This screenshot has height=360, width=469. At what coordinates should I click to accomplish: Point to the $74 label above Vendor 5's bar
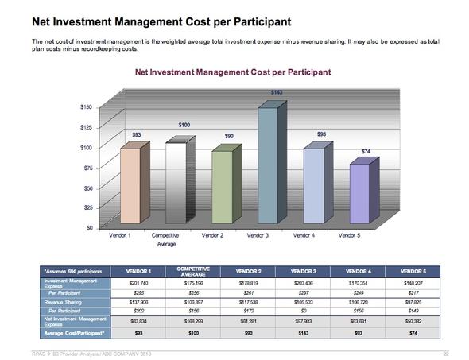[x=366, y=151]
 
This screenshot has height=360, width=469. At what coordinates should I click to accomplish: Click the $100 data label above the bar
[x=184, y=126]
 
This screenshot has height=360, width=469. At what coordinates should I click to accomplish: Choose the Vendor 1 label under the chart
[x=119, y=236]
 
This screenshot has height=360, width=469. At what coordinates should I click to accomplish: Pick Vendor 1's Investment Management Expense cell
[x=134, y=281]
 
